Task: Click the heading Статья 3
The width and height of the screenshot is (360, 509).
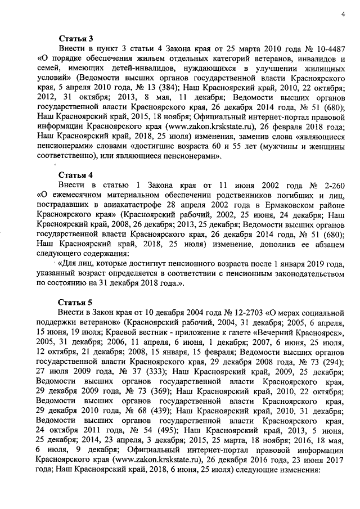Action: [75, 38]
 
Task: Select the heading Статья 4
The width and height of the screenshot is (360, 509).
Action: [75, 175]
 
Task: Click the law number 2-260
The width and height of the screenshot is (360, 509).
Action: [331, 185]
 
